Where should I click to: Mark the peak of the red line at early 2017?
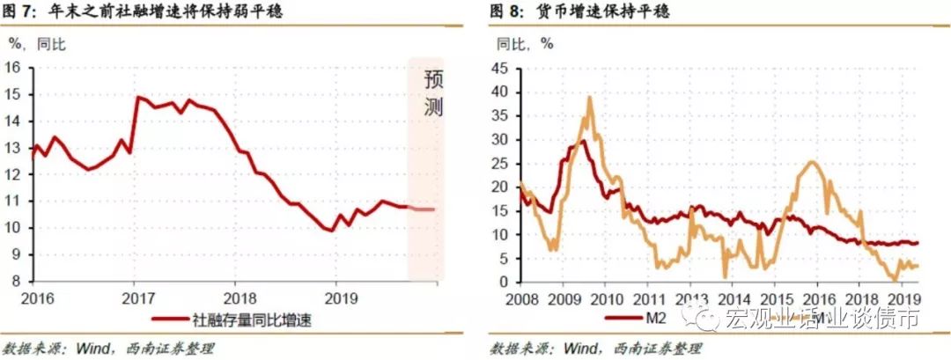tap(137, 97)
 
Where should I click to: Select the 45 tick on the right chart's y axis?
tap(499, 68)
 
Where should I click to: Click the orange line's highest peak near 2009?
tap(589, 98)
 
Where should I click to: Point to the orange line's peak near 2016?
tap(811, 162)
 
